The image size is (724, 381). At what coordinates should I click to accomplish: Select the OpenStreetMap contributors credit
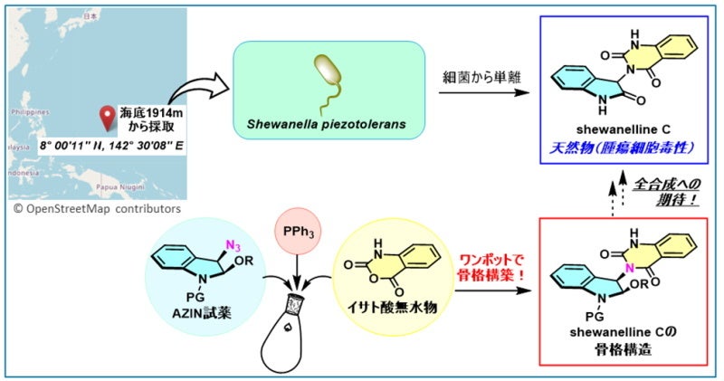96,209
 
